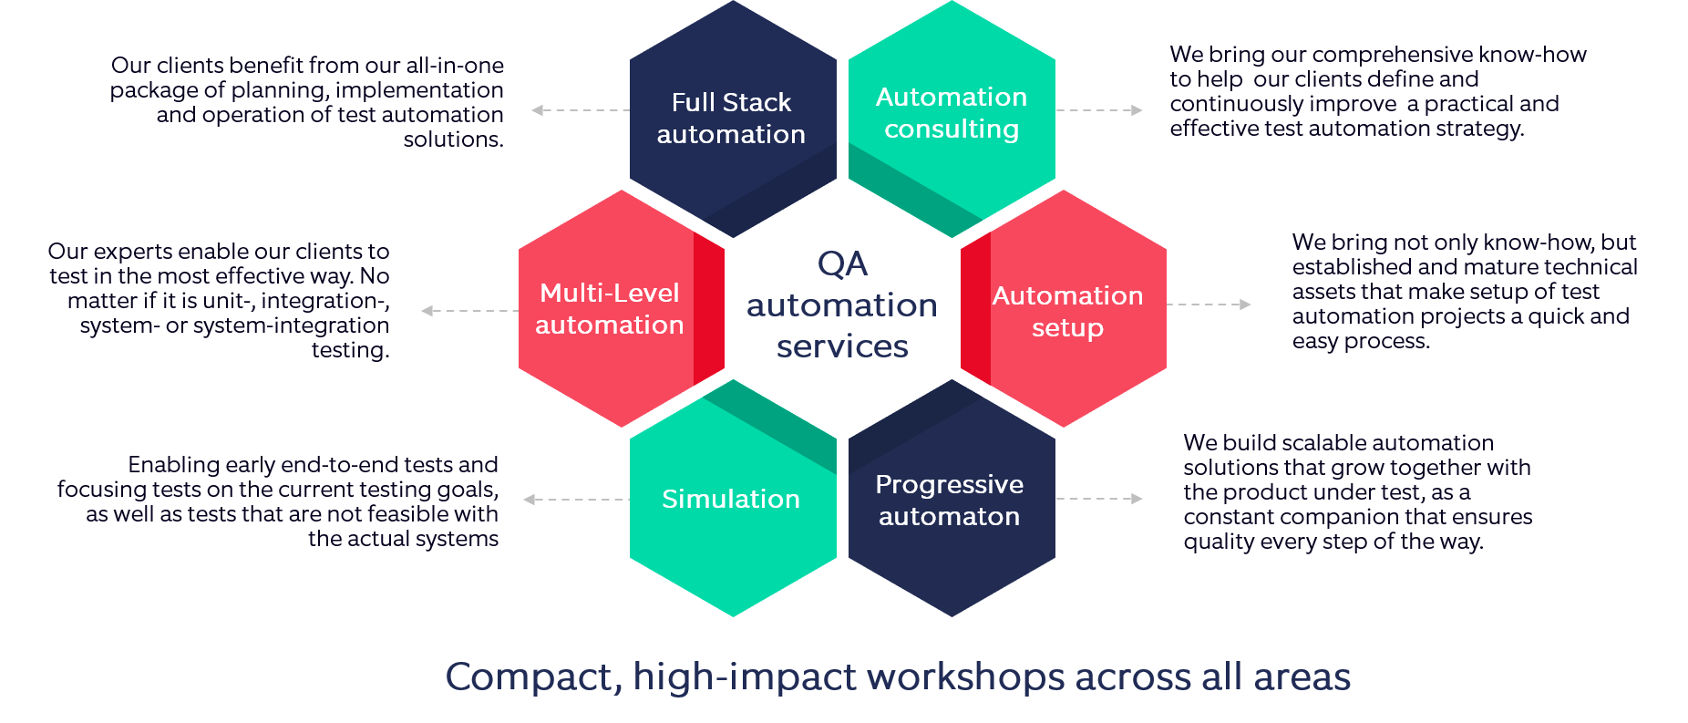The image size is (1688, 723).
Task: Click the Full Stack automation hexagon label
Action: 731,118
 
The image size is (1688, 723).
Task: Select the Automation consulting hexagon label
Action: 952,112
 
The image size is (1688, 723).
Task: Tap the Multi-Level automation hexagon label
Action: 610,308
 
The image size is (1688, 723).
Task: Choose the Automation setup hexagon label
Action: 1067,311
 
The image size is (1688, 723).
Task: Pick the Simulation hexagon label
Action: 731,499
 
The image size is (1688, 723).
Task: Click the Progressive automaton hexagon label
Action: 950,500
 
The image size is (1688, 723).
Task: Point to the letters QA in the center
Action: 842,263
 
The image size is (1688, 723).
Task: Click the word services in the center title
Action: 842,346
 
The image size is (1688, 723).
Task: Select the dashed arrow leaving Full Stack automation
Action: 581,110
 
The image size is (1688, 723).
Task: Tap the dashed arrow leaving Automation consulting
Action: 1099,110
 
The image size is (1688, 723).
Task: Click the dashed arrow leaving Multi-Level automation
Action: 470,311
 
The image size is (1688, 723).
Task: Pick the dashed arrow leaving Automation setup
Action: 1209,305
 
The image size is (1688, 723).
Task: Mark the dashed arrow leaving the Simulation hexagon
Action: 577,500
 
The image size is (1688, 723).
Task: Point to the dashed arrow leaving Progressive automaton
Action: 1099,499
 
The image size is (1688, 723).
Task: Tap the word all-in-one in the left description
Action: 455,66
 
